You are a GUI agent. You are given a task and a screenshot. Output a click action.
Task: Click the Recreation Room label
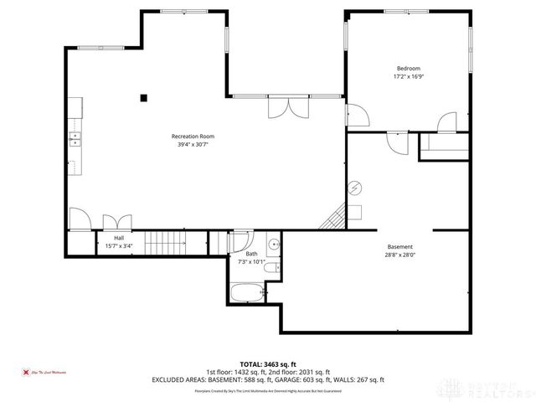193,136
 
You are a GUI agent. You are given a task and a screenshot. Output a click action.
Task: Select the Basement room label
399,246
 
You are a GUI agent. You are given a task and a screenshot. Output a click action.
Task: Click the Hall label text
119,238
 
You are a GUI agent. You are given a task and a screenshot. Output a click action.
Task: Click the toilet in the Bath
271,268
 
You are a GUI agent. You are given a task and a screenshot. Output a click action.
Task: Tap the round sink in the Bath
274,245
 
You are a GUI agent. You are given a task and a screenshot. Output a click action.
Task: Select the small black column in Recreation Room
144,96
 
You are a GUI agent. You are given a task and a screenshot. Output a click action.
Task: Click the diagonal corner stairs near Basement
333,218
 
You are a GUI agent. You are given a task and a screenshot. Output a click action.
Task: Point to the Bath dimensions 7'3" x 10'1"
250,261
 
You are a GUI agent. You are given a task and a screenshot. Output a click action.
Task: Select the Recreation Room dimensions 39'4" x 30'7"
193,144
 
